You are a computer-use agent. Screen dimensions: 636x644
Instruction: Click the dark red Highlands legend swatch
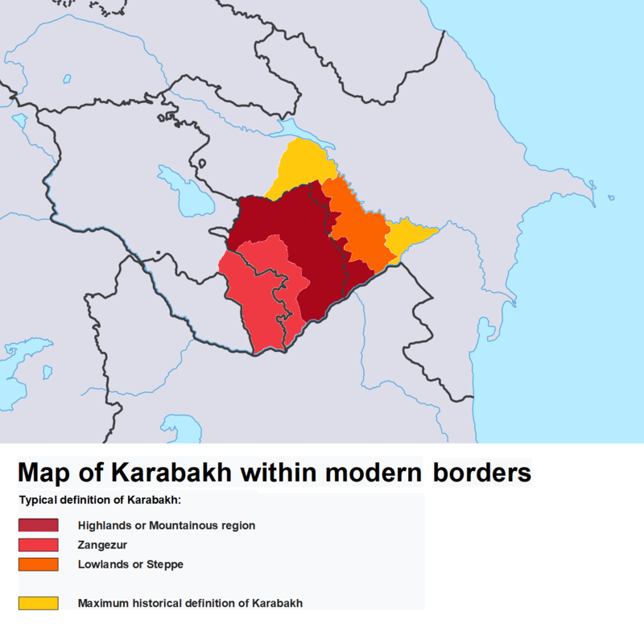pyautogui.click(x=39, y=526)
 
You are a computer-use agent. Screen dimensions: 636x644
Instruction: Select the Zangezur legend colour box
pyautogui.click(x=39, y=545)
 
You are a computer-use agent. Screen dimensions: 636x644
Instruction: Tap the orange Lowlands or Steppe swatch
pyautogui.click(x=39, y=564)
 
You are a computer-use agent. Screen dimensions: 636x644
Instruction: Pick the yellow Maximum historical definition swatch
pyautogui.click(x=39, y=603)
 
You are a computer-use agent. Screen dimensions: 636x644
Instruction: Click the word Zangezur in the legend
pyautogui.click(x=102, y=545)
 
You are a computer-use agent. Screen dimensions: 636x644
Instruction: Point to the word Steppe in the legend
pyautogui.click(x=166, y=564)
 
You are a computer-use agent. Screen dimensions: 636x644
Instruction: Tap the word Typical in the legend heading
pyautogui.click(x=39, y=500)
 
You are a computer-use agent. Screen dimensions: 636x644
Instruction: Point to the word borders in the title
pyautogui.click(x=482, y=472)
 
